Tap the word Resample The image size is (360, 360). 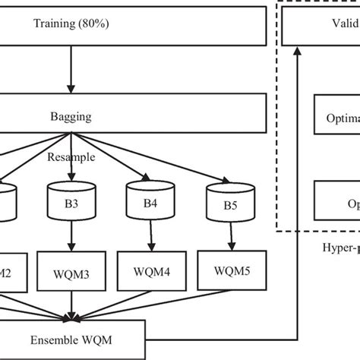pyautogui.click(x=70, y=159)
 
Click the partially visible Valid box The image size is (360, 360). pyautogui.click(x=320, y=24)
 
